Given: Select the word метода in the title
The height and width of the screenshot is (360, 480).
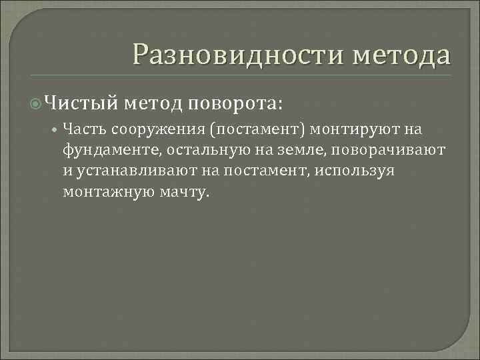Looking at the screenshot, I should (403, 54).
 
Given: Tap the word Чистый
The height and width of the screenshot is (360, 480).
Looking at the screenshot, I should (83, 103).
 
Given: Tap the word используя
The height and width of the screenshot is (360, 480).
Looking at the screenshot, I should (357, 170).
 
